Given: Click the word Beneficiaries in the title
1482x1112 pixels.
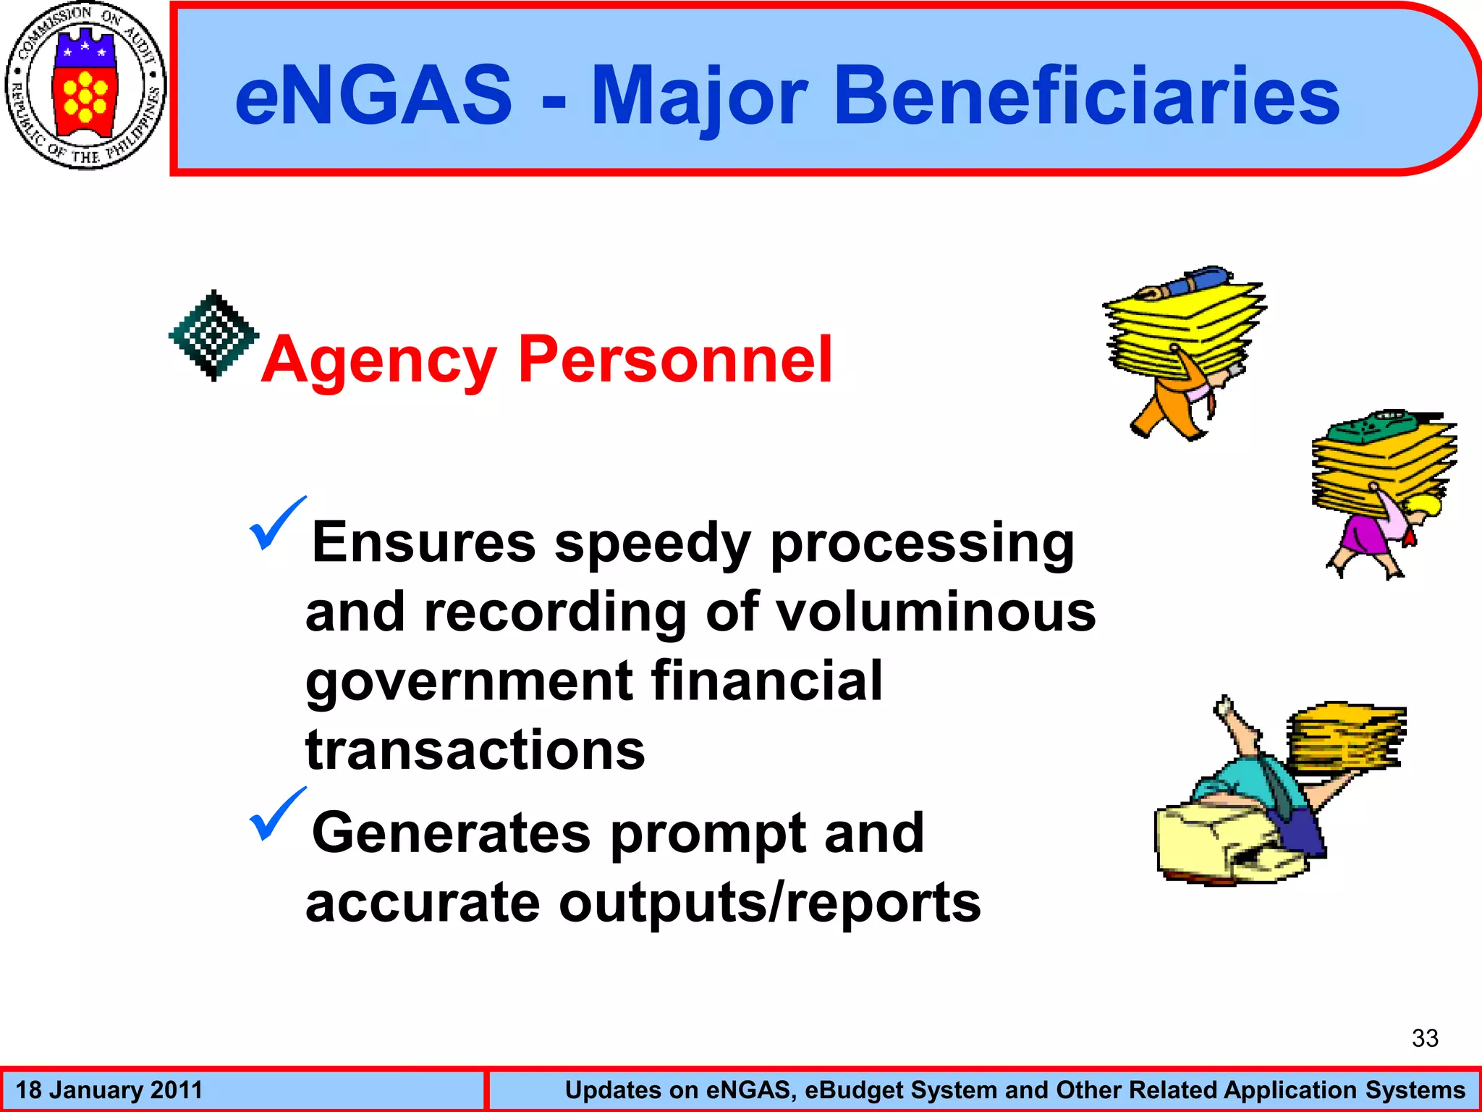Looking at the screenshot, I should [1086, 96].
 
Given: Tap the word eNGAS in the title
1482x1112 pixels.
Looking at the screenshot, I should [373, 96].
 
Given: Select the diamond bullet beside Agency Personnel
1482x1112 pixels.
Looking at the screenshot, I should [213, 335].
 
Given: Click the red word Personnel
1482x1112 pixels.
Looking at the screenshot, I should [675, 360].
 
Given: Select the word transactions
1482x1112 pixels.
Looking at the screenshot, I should [475, 750].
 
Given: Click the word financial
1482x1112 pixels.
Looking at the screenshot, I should [766, 681].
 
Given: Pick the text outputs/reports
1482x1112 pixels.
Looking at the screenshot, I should [769, 903].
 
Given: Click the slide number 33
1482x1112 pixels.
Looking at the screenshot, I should [1424, 1038].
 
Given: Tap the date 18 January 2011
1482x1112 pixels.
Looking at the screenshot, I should [109, 1090].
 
